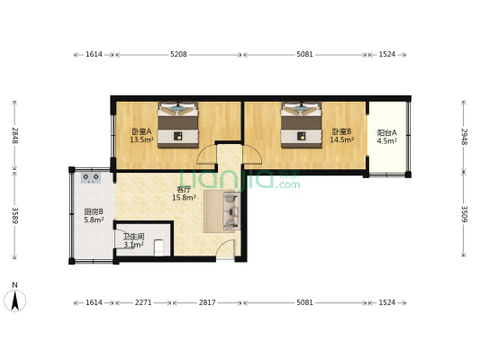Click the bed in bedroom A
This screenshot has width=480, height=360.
(178, 124)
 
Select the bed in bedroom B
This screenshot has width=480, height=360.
(301, 124)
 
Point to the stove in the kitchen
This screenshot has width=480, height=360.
(91, 178)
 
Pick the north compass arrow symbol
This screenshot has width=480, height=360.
(14, 300)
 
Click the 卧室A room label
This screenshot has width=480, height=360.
(140, 131)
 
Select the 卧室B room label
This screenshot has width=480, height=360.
(340, 131)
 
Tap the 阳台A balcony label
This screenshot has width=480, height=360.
(386, 132)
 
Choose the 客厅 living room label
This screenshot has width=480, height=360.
(183, 190)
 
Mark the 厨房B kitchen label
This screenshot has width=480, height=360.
(94, 211)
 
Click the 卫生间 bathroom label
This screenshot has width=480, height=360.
(133, 237)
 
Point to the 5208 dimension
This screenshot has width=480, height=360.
(178, 55)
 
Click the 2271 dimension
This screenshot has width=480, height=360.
(143, 302)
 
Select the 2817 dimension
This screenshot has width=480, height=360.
(207, 302)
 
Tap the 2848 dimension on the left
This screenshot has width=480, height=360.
(14, 135)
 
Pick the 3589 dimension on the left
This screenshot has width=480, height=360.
(14, 215)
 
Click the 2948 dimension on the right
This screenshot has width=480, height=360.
(464, 136)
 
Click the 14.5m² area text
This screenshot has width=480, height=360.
(340, 139)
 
